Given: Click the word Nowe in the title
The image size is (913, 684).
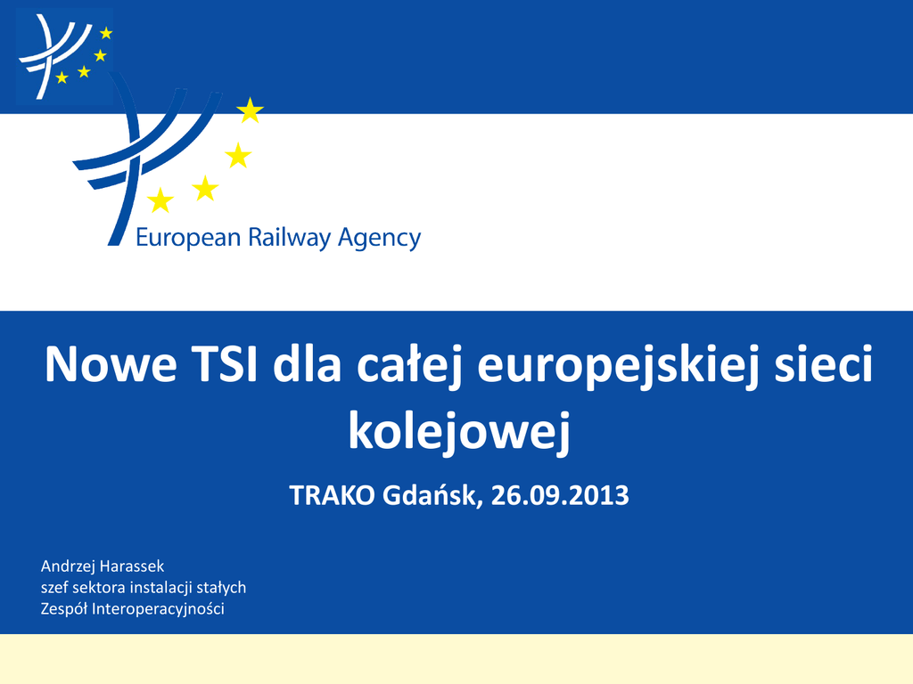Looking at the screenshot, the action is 111,364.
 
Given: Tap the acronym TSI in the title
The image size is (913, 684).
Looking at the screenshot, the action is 224,364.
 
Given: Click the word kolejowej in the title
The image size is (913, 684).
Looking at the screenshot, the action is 459,432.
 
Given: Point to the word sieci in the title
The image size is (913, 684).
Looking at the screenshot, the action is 823,364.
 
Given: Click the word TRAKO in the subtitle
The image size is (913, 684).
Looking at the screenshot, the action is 332,495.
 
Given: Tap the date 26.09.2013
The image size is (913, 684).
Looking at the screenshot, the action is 560,495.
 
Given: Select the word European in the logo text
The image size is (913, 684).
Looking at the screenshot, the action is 189,239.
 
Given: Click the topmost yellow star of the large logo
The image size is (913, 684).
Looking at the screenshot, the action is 250,110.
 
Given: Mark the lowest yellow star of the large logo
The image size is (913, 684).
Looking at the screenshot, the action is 160,200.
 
